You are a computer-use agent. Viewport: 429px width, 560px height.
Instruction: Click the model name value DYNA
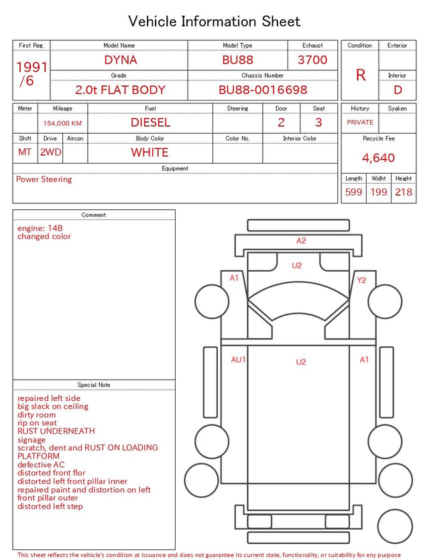click(121, 60)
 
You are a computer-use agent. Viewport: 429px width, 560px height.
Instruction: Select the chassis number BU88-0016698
click(263, 90)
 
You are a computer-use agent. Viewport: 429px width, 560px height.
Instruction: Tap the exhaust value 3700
click(312, 60)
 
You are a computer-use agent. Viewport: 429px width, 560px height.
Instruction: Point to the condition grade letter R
click(361, 75)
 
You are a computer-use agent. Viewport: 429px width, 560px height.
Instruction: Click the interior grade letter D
click(397, 90)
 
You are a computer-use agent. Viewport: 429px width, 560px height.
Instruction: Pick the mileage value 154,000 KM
click(62, 123)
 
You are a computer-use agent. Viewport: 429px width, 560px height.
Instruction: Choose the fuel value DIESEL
click(150, 123)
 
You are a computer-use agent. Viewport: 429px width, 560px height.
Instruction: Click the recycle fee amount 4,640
click(378, 158)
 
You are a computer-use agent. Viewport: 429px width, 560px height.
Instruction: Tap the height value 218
click(404, 192)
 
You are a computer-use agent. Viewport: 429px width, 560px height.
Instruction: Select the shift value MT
click(25, 152)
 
